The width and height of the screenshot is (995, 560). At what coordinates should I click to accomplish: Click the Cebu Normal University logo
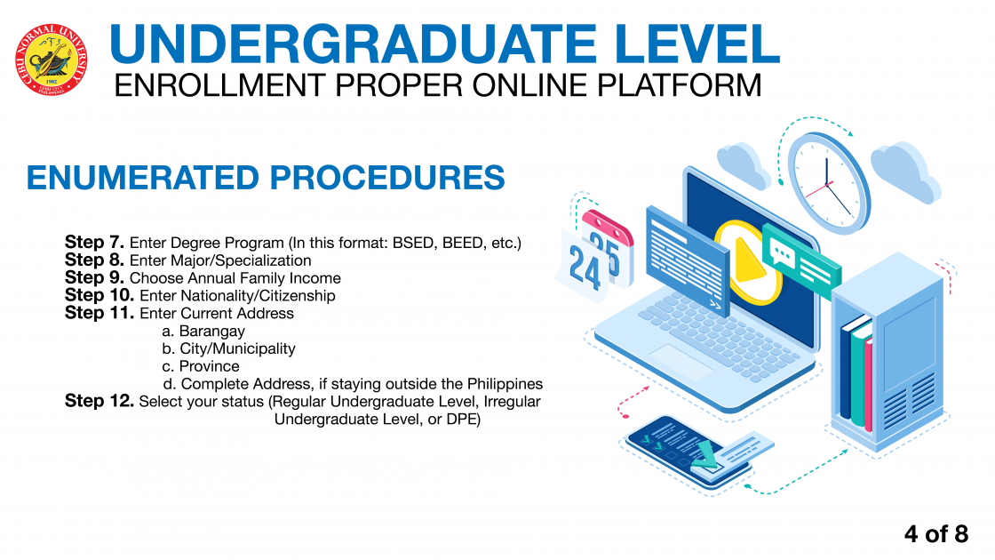point(52,60)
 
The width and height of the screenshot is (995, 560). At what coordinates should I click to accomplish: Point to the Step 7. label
point(94,242)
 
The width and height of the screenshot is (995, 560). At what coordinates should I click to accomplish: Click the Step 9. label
point(94,277)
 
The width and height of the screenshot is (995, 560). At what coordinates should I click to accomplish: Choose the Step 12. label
point(99,401)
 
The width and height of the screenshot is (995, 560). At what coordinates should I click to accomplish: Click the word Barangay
point(212,332)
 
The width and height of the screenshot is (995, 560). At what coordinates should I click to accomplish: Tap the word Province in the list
point(210,366)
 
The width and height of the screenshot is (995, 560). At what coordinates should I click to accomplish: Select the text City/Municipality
point(238,349)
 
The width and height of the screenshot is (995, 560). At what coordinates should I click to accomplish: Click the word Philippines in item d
point(505,384)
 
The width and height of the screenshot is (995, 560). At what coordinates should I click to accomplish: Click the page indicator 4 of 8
point(936,534)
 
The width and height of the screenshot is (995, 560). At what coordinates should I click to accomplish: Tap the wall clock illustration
point(828,182)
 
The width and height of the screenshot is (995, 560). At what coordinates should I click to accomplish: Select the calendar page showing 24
point(584,267)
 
